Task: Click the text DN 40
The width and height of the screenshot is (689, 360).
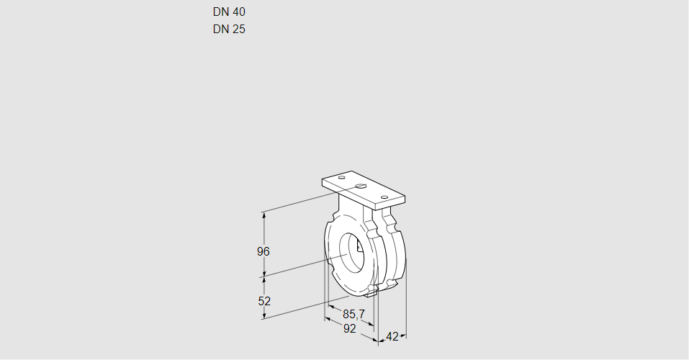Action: point(229,12)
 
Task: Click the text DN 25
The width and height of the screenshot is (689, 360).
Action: point(229,30)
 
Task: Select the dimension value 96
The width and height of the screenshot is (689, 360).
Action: point(264,251)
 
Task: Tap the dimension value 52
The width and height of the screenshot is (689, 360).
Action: point(264,301)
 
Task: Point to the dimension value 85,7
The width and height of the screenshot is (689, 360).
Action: point(353,315)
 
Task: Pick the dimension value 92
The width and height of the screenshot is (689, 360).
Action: point(349,328)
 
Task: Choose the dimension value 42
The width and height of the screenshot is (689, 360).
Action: point(392,336)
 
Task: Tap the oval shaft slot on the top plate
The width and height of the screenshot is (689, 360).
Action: point(360,186)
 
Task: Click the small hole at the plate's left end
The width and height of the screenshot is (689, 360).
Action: point(341,177)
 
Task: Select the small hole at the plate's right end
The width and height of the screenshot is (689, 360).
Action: point(384,197)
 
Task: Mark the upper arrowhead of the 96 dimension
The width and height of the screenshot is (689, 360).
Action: point(264,214)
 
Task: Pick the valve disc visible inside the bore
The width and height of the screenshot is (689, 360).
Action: point(359,249)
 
